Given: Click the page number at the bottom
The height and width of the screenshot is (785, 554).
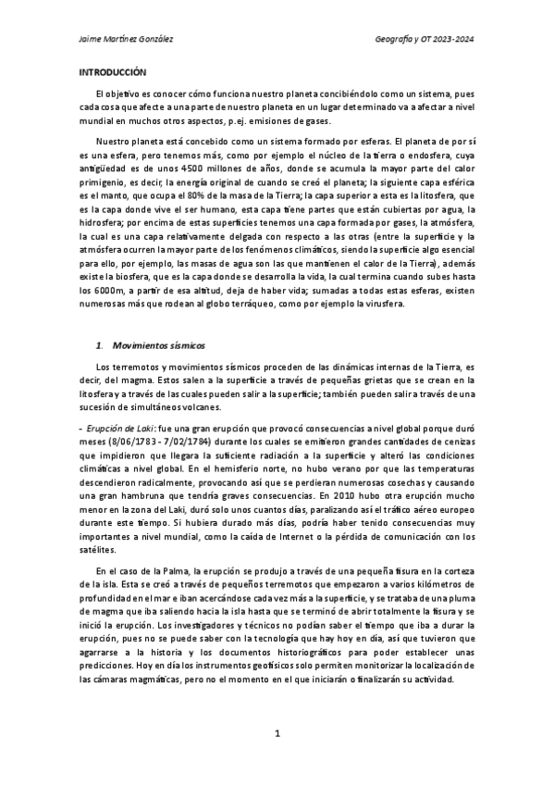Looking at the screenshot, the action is [277, 733].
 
